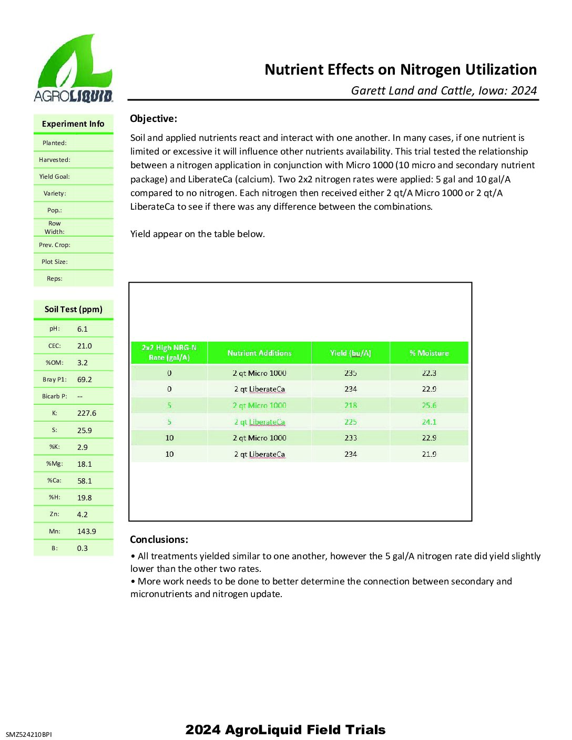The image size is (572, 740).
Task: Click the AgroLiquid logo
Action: coord(73,69)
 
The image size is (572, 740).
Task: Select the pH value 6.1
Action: coord(83,329)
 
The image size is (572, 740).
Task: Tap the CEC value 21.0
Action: coord(84,346)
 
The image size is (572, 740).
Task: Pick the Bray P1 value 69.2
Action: coord(84,379)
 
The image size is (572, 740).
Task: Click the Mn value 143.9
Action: coord(86,531)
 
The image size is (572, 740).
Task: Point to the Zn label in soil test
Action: coord(54,514)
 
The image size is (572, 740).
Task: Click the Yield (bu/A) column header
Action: coord(350,353)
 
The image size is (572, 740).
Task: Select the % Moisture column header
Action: coord(429,353)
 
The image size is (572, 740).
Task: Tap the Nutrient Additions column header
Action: coord(259,353)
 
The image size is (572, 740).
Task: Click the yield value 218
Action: coord(351,405)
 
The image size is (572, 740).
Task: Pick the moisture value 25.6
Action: coord(429,405)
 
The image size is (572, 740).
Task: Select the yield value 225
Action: coord(351,422)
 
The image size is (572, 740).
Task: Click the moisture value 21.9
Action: coord(429,454)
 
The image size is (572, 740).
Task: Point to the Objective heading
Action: coord(154,119)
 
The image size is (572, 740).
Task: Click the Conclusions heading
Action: coord(159,539)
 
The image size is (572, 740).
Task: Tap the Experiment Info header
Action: coord(73,124)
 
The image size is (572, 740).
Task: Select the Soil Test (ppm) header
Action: coord(73,309)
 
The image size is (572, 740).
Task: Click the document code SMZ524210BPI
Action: coord(29,734)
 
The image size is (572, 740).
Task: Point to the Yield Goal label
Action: coord(54,177)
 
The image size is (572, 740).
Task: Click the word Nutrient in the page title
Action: coord(294,70)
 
